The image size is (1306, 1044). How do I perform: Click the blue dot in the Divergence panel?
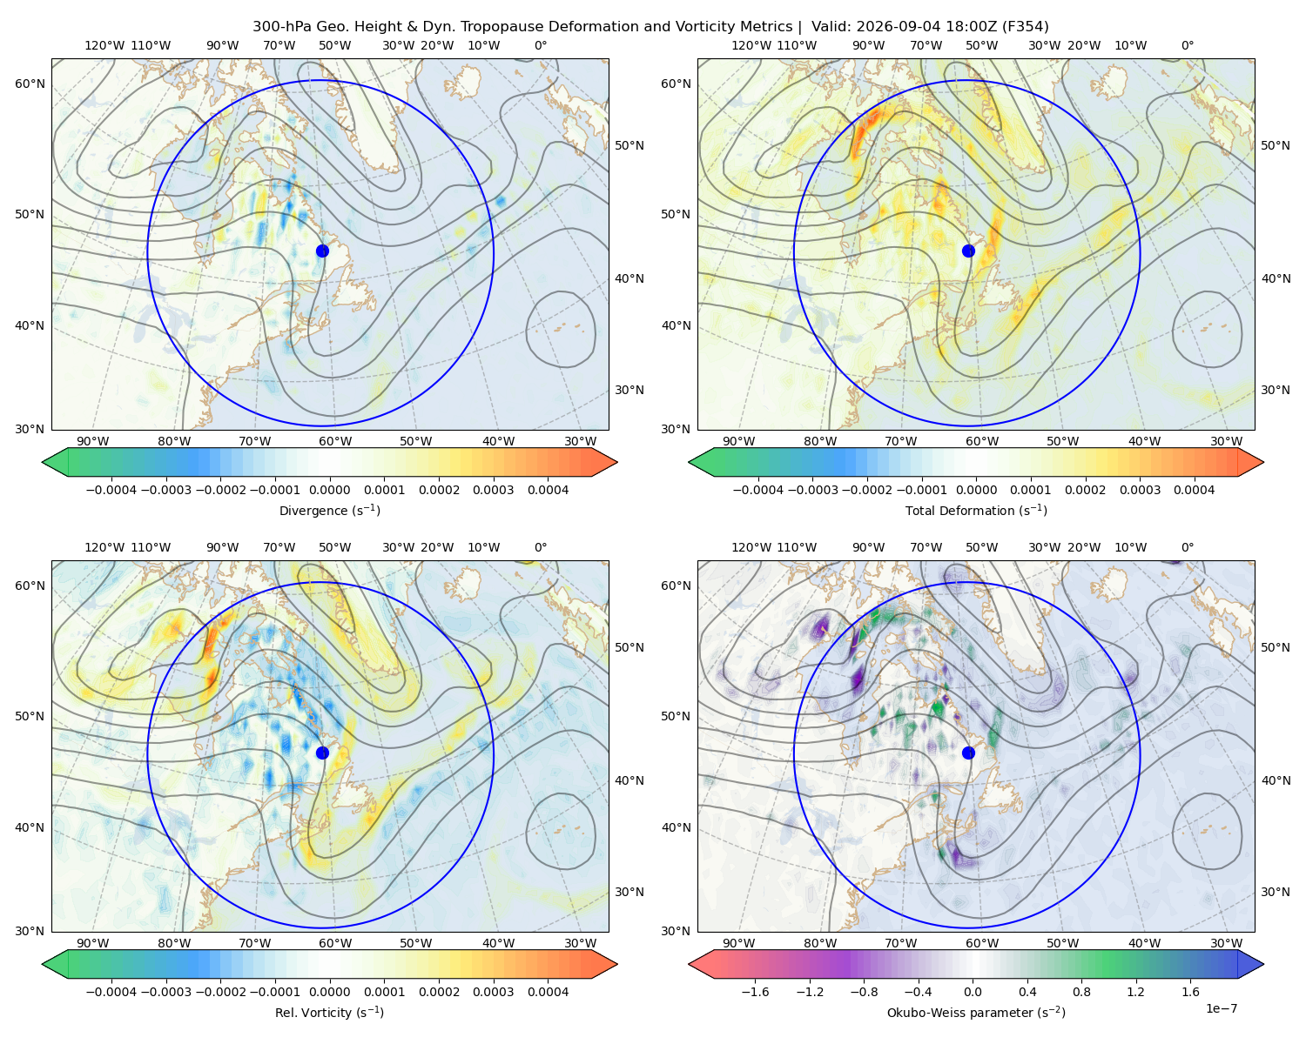322,251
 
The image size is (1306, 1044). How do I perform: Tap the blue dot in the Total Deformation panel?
968,251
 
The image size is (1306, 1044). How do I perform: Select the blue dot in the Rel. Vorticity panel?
322,753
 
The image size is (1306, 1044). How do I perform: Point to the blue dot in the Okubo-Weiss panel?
968,753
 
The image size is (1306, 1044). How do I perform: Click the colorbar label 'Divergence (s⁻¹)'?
329,511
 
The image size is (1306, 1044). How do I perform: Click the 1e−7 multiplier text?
1221,1009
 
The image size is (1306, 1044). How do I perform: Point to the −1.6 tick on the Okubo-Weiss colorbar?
755,992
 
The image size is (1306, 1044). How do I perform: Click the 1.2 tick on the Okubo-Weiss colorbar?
1135,992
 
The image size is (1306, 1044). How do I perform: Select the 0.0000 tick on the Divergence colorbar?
329,490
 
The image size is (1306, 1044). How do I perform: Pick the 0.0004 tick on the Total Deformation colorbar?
1195,490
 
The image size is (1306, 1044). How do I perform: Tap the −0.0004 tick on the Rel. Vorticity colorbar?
111,992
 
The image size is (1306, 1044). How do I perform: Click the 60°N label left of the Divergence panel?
30,84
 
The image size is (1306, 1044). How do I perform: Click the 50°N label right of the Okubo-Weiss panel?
1275,647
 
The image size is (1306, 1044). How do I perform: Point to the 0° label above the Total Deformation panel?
1188,45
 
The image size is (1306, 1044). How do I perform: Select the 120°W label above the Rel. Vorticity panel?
104,547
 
